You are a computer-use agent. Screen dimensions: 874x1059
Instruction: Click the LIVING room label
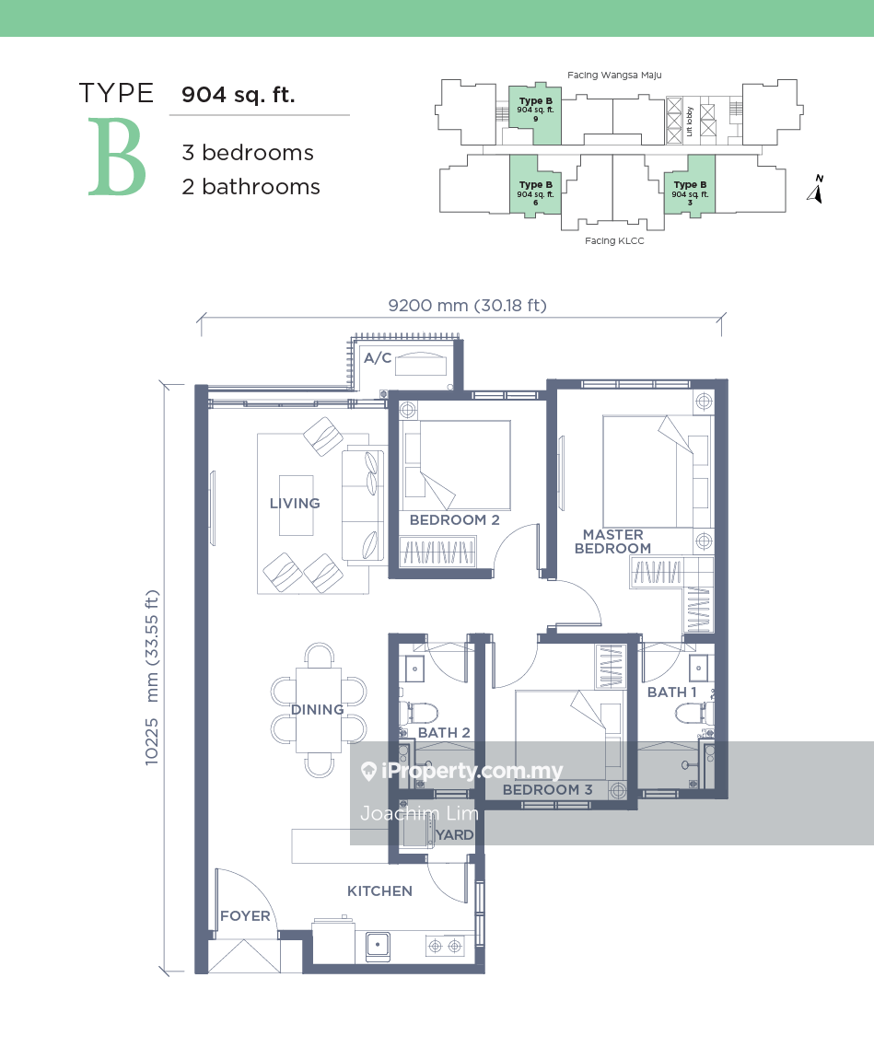[295, 503]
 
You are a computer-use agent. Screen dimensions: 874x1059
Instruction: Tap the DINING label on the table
[318, 709]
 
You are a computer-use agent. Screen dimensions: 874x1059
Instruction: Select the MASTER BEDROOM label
[612, 541]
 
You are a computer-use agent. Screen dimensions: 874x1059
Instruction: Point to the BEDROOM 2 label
[455, 520]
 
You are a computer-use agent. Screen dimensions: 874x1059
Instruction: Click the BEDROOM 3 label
[548, 789]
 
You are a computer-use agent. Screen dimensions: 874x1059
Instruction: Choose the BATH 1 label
[671, 692]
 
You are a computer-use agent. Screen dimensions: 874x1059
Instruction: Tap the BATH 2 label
[444, 733]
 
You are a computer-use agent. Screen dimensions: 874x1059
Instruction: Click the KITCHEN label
[379, 890]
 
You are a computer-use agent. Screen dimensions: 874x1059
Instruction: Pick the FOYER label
[245, 916]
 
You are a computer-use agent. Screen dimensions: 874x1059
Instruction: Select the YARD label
[455, 835]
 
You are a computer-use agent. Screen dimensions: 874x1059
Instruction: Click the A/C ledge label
[378, 358]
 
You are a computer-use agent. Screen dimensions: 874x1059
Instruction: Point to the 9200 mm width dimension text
[468, 306]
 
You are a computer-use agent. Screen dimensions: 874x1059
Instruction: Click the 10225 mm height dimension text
[152, 678]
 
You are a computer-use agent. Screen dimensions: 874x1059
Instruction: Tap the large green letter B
[118, 157]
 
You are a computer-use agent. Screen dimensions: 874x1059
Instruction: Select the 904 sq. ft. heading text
[239, 95]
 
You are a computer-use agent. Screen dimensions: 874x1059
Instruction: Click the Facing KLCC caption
[614, 240]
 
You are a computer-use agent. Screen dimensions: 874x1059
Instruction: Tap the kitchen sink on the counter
[378, 946]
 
